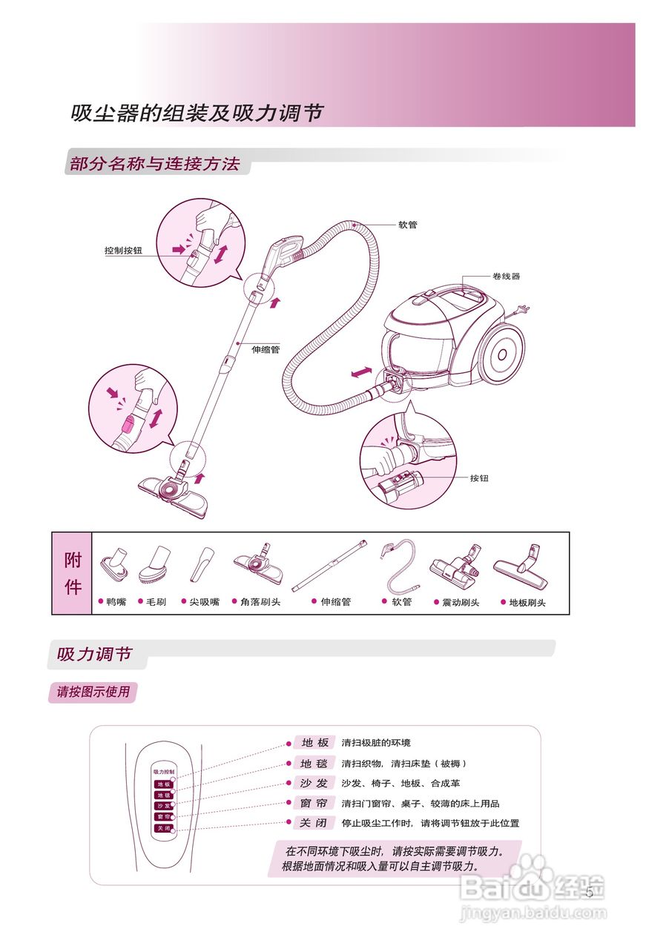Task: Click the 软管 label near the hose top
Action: click(407, 224)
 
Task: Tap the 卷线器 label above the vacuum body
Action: click(506, 275)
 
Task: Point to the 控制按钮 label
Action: click(122, 251)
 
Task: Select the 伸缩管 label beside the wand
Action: click(266, 348)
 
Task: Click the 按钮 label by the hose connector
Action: click(479, 478)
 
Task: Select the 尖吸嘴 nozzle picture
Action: click(201, 566)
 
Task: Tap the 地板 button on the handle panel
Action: click(163, 784)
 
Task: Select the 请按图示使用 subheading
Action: click(93, 692)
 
